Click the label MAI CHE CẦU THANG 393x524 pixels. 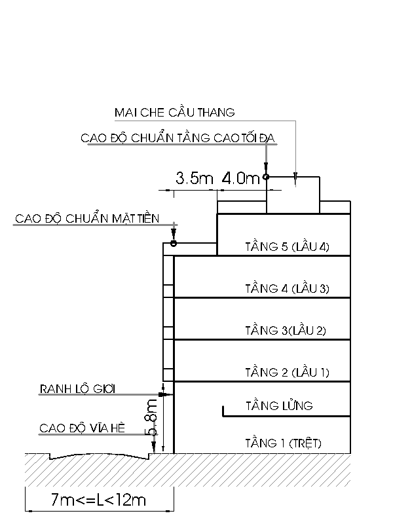(x=174, y=112)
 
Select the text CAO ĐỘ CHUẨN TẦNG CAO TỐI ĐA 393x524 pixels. (x=178, y=138)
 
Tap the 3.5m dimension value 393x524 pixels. (x=195, y=178)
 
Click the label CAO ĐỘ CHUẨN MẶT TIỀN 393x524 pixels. (x=87, y=219)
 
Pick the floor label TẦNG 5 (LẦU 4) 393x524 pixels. (x=288, y=247)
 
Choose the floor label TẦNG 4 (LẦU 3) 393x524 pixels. (x=288, y=288)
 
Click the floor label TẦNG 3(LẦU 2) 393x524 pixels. (x=286, y=331)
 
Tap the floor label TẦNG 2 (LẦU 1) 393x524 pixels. (x=288, y=372)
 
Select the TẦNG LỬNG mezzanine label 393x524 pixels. (x=280, y=405)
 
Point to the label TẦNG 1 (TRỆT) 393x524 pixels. (x=284, y=443)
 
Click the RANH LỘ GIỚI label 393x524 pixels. (x=77, y=389)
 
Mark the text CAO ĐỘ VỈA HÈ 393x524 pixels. (x=83, y=428)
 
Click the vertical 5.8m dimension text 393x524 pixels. (x=151, y=417)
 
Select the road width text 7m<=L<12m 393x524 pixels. (x=98, y=500)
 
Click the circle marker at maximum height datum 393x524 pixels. (x=266, y=177)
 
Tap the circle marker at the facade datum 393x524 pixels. (x=174, y=243)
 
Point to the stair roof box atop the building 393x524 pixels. (x=293, y=195)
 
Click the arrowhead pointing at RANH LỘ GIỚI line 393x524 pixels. (x=162, y=395)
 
